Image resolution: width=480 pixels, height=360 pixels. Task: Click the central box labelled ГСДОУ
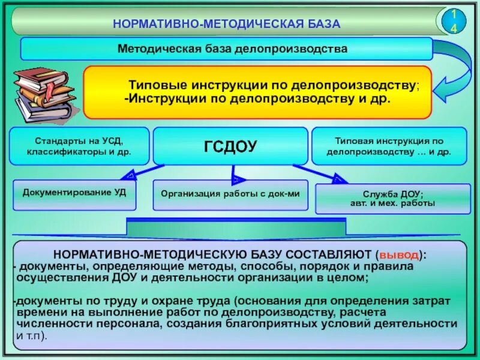tap(231, 146)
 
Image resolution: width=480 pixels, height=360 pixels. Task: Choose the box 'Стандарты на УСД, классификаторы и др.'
tap(79, 146)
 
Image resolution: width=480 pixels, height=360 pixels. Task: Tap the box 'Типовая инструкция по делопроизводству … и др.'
tap(389, 146)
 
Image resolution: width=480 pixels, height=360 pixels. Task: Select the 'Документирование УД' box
tap(74, 193)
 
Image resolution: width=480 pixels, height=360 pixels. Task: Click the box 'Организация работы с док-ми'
tap(230, 194)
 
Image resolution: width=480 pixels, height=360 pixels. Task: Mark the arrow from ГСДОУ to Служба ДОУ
tap(324, 174)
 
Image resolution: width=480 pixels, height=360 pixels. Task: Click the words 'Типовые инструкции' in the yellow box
tap(179, 86)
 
